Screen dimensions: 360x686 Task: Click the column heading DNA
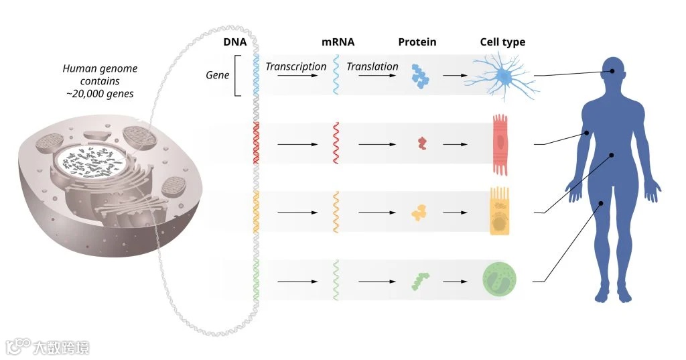[x=235, y=42]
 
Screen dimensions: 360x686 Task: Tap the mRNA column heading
[x=338, y=42]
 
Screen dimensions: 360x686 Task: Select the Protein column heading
[x=417, y=42]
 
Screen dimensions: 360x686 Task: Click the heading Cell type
[x=502, y=42]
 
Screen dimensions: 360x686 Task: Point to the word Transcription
[x=295, y=66]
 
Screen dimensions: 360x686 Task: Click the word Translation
[x=372, y=66]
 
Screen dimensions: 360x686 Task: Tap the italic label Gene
[x=217, y=74]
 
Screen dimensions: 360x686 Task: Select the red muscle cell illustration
[x=501, y=143]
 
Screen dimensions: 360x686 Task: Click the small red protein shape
[x=421, y=142]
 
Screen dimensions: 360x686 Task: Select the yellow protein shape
[x=420, y=213]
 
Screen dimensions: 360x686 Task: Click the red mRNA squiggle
[x=336, y=142]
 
